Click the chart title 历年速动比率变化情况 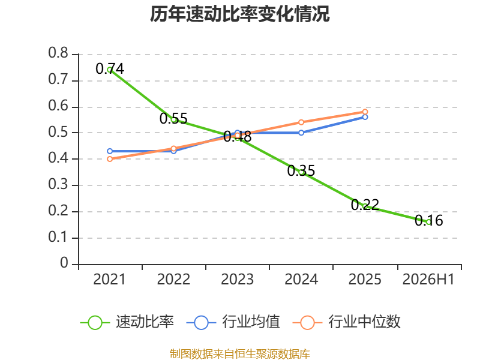(x=239, y=14)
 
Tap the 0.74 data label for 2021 (x=110, y=68)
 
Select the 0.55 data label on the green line (x=173, y=118)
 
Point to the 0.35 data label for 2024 (x=301, y=171)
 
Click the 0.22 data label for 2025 (x=365, y=205)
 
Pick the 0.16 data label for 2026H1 (x=429, y=220)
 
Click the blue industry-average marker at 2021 (x=110, y=151)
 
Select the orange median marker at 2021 (x=110, y=159)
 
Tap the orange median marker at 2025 (x=365, y=112)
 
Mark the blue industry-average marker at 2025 (x=365, y=117)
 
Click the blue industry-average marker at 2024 (x=301, y=133)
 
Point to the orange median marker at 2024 (x=301, y=122)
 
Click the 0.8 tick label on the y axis (x=58, y=53)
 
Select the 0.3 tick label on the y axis (x=58, y=184)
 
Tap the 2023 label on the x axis (x=237, y=280)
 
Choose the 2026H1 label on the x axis (x=428, y=280)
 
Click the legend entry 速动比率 (x=127, y=322)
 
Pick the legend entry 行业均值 (x=233, y=322)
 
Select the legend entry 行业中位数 (x=347, y=322)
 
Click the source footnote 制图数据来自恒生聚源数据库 (x=240, y=354)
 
